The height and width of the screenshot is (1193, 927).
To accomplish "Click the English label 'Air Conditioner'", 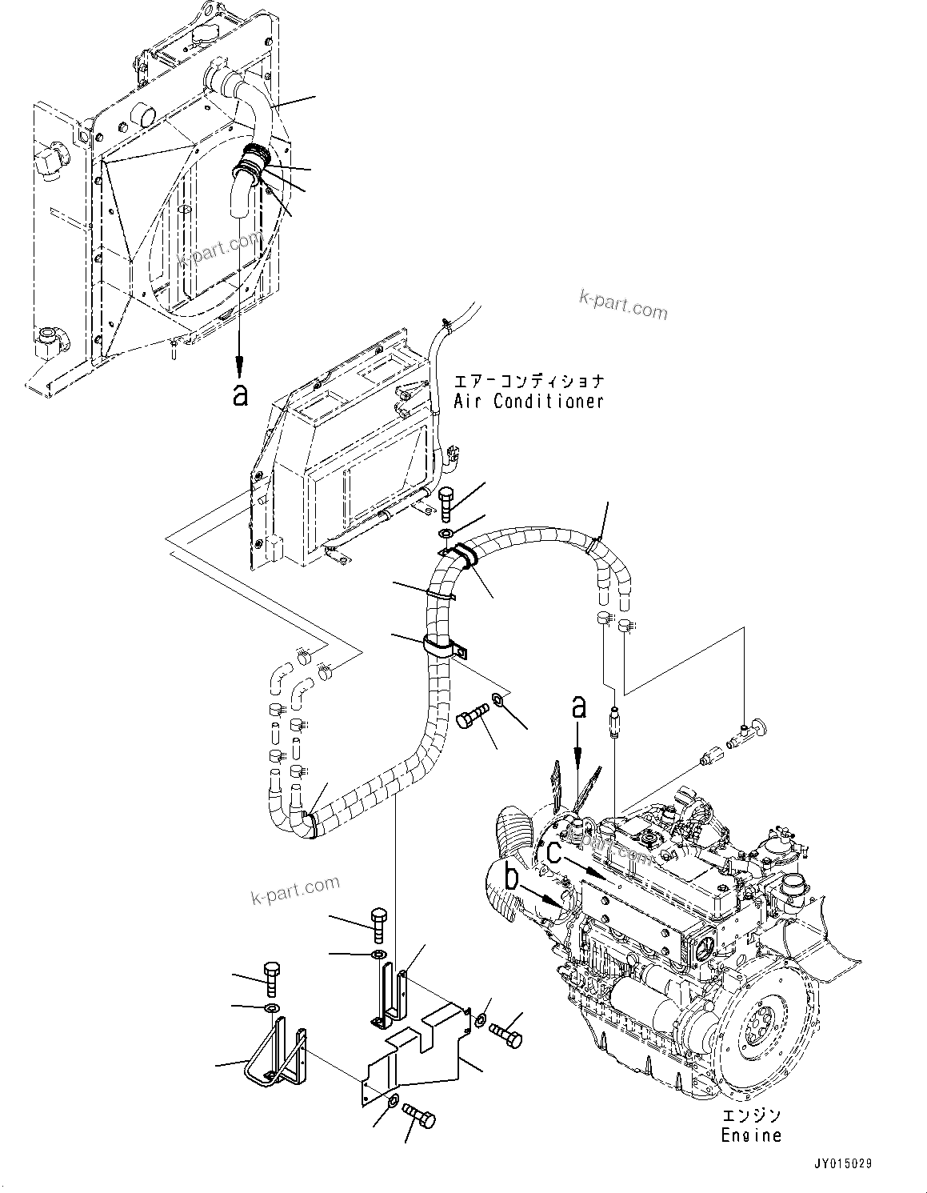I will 529,402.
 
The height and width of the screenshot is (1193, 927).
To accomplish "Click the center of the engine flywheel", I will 757,1029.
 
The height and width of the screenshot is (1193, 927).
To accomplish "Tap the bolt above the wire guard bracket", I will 272,978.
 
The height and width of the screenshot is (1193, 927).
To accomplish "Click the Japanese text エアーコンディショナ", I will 529,381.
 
